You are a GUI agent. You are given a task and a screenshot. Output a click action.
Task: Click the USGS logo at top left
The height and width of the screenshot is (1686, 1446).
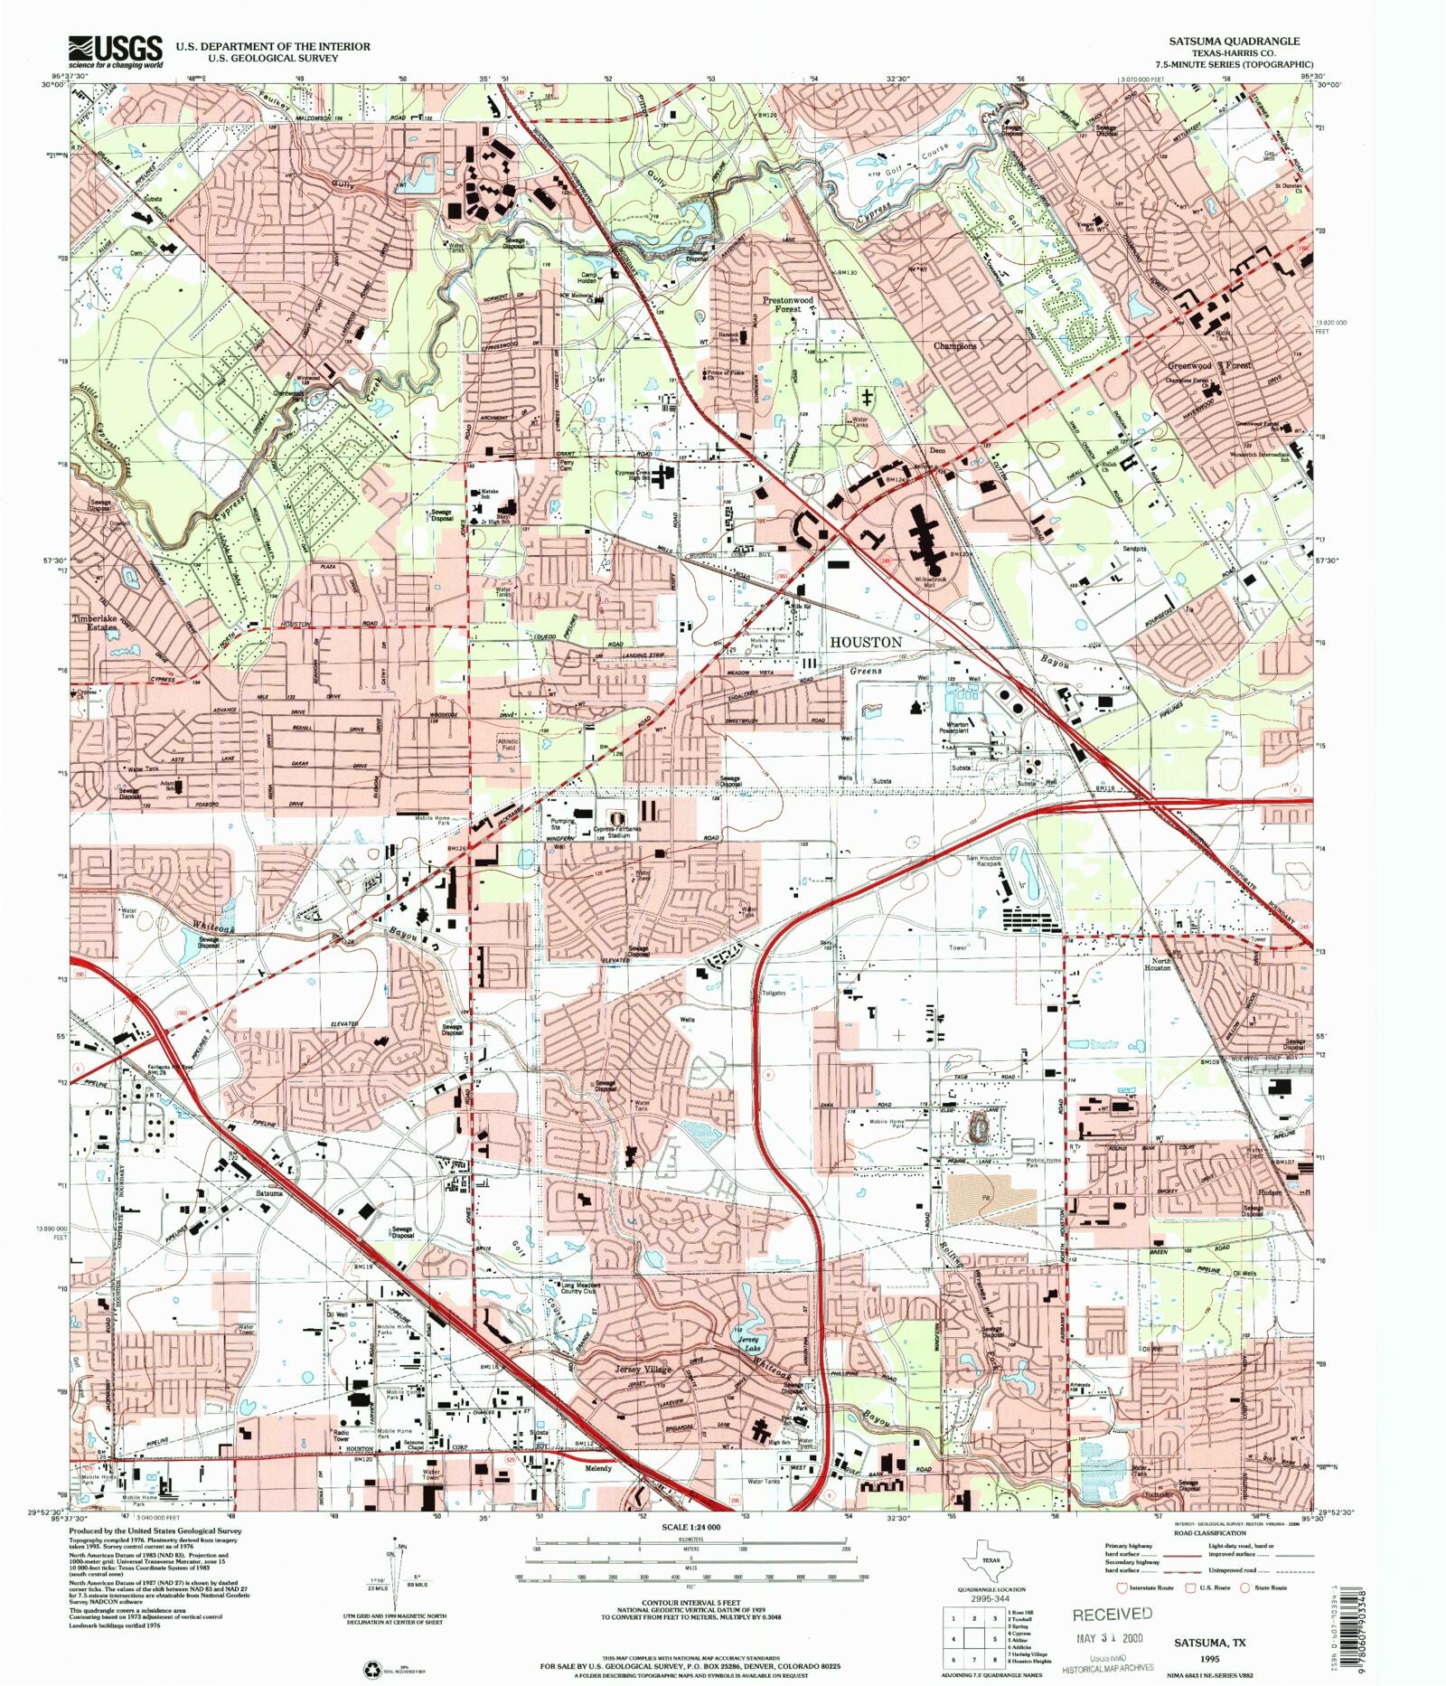[116, 52]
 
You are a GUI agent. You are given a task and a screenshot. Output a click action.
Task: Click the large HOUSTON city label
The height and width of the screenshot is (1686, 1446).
[865, 641]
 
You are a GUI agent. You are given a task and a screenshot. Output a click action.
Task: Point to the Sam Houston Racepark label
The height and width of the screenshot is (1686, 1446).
[984, 864]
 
